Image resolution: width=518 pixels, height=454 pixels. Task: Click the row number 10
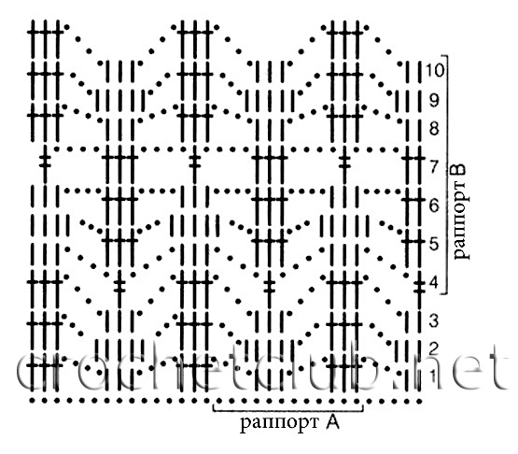pyautogui.click(x=435, y=70)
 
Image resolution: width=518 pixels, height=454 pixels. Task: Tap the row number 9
pyautogui.click(x=434, y=100)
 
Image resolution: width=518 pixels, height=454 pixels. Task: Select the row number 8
pyautogui.click(x=434, y=128)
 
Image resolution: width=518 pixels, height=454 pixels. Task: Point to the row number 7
pyautogui.click(x=434, y=166)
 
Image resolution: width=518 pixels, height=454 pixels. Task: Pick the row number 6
pyautogui.click(x=434, y=206)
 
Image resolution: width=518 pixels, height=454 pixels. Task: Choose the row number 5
pyautogui.click(x=434, y=244)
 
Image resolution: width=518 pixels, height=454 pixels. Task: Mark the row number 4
pyautogui.click(x=434, y=283)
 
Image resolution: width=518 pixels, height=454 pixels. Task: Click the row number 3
pyautogui.click(x=434, y=320)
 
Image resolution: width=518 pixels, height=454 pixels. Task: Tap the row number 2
pyautogui.click(x=434, y=348)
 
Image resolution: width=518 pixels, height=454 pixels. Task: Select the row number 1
pyautogui.click(x=433, y=376)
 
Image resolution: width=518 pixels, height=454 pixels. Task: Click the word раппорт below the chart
pyautogui.click(x=279, y=423)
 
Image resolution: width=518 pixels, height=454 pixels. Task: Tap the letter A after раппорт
pyautogui.click(x=332, y=422)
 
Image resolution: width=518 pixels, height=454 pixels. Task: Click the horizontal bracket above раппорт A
pyautogui.click(x=288, y=411)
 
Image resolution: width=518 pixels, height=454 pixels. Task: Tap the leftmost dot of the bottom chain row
pyautogui.click(x=32, y=401)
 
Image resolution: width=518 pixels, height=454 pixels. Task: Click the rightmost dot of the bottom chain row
pyautogui.click(x=420, y=402)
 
